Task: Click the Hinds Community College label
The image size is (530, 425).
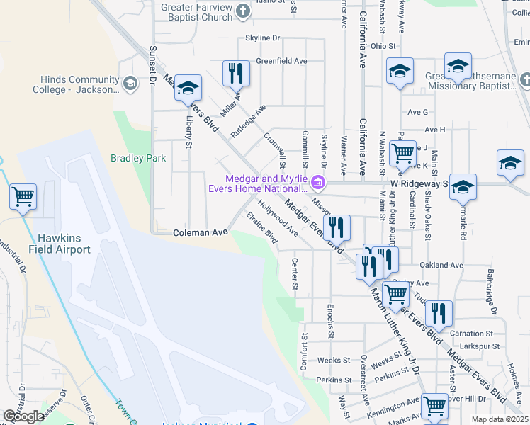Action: click(x=76, y=85)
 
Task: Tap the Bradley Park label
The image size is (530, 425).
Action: click(x=137, y=159)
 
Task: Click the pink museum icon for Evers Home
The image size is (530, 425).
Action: click(x=318, y=183)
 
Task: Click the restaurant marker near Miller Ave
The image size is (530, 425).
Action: click(x=235, y=72)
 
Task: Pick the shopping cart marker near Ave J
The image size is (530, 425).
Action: click(x=402, y=152)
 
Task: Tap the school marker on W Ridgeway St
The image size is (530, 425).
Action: click(x=463, y=187)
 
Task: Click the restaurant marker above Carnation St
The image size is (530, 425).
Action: click(x=439, y=312)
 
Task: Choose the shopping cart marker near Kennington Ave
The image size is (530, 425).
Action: click(x=434, y=406)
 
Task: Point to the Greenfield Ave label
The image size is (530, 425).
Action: click(x=281, y=61)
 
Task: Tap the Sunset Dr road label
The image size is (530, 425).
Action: click(x=152, y=66)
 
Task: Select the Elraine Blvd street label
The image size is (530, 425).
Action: click(x=261, y=229)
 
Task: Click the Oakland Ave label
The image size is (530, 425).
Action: click(x=441, y=266)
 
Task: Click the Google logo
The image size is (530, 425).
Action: click(x=23, y=416)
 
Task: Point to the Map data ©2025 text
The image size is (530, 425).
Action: click(x=499, y=419)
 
